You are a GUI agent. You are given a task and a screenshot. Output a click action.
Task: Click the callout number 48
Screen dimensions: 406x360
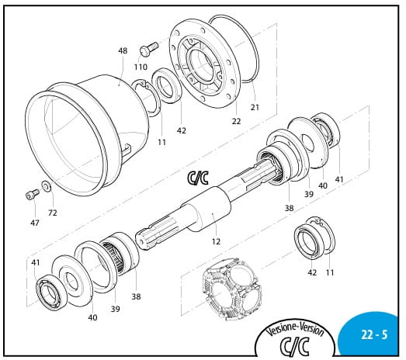coord(123,50)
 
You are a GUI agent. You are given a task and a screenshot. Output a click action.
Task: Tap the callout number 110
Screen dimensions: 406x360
coord(141,67)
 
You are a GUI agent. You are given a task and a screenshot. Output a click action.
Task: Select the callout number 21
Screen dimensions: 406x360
coord(255,107)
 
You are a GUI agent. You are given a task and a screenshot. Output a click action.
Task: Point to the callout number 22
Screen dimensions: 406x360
coord(236,121)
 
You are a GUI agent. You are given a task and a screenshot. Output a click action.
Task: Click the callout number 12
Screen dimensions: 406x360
coord(216,241)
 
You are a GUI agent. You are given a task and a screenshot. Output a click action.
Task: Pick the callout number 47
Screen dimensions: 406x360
coord(35,223)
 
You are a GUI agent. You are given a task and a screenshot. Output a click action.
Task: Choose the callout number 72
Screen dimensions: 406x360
coord(52,213)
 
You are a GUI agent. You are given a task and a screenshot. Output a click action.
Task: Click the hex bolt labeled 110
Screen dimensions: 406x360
coord(149,48)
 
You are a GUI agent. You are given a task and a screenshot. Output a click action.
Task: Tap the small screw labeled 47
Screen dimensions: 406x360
coord(33,195)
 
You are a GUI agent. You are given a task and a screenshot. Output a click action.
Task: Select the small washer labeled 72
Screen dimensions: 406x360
coord(47,185)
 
